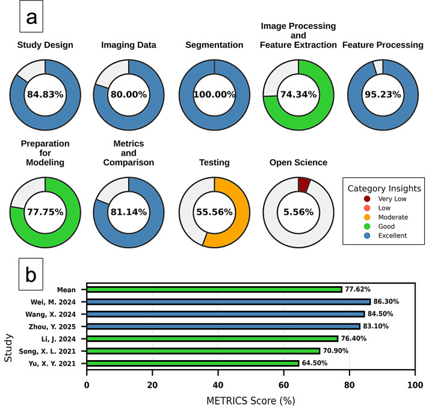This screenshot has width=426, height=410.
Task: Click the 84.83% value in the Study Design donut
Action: coord(45,94)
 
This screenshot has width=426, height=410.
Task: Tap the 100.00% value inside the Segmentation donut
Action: coord(214,94)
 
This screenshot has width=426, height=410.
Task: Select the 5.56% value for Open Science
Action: coord(298,212)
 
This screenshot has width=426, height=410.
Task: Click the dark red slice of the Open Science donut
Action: coord(304,185)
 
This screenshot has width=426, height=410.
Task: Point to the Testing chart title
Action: coord(214,162)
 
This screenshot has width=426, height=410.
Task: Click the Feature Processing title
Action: coord(383,45)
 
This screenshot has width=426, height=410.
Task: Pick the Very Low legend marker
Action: coord(367,199)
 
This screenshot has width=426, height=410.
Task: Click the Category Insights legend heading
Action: coord(384,188)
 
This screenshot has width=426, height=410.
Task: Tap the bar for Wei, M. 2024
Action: coord(229,302)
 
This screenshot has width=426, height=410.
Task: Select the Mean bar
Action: coord(214,289)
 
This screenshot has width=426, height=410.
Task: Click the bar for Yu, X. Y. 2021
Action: coord(193,363)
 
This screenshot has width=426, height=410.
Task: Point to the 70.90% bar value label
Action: coord(336,351)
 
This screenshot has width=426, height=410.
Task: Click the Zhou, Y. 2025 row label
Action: coord(52,326)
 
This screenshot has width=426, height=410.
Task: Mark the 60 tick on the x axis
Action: coord(283,385)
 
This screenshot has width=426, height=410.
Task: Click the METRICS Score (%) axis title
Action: coord(251,401)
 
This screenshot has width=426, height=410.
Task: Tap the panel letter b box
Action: coord(31,274)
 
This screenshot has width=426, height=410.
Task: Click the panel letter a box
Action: coord(31,17)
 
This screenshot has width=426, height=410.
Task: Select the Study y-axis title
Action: coord(8,348)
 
